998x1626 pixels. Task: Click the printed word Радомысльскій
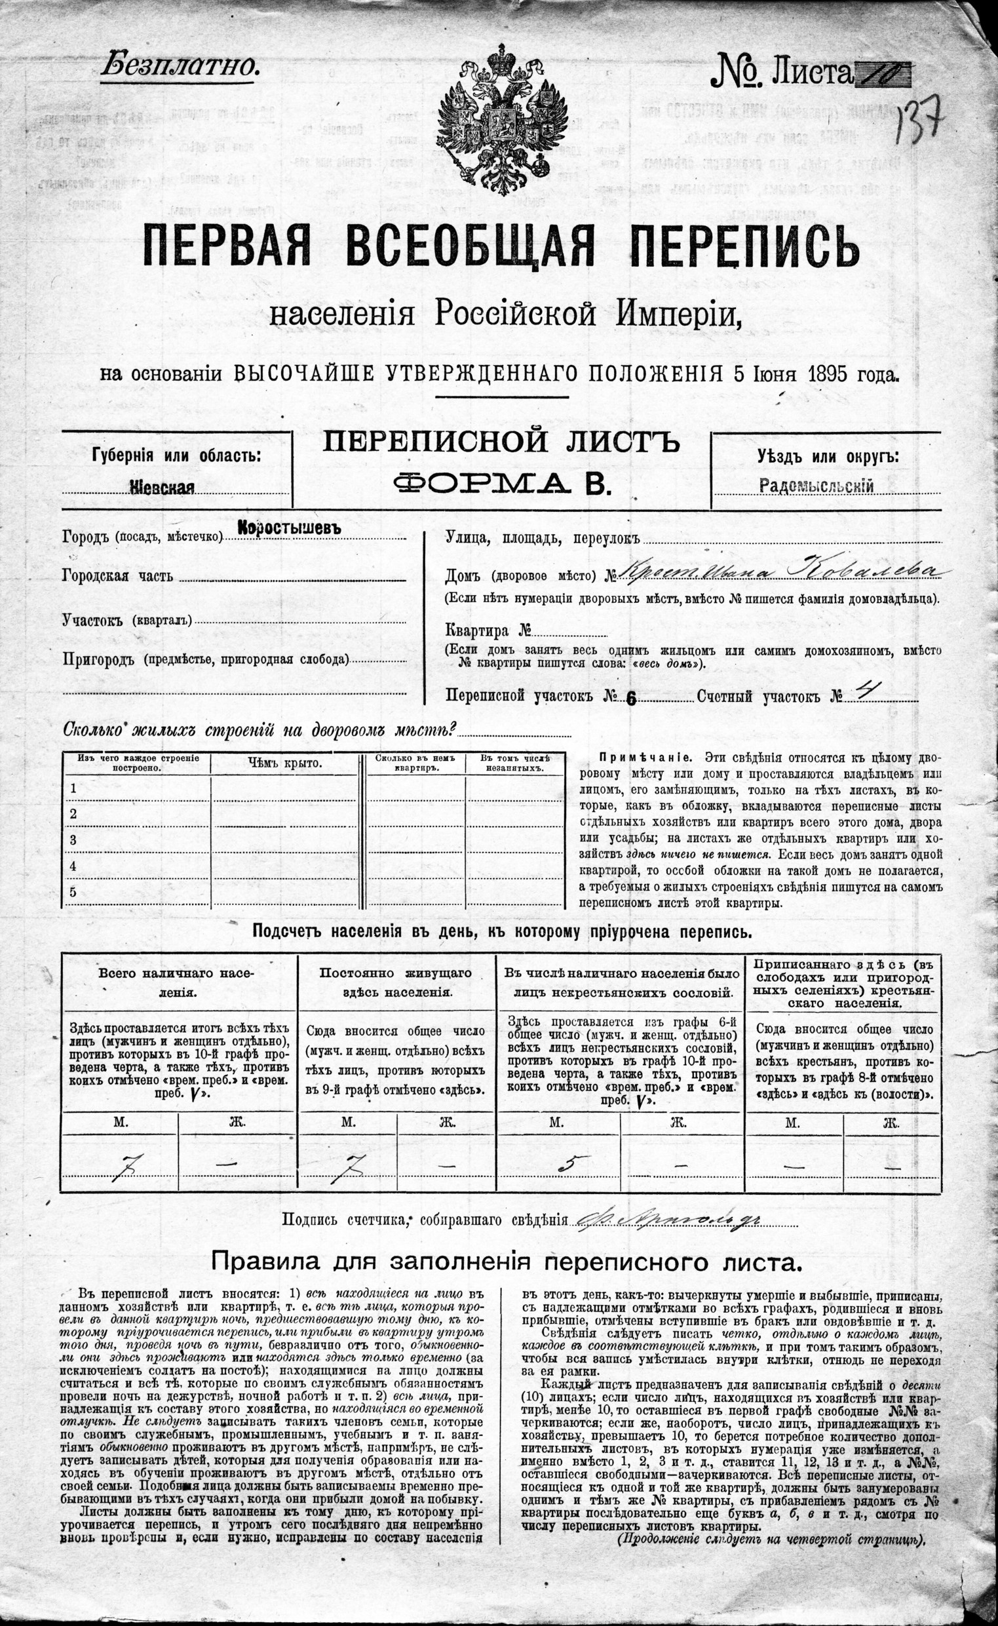817,486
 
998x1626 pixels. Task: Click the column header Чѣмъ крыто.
285,764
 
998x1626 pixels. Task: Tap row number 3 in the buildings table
73,840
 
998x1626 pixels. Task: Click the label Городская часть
117,575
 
